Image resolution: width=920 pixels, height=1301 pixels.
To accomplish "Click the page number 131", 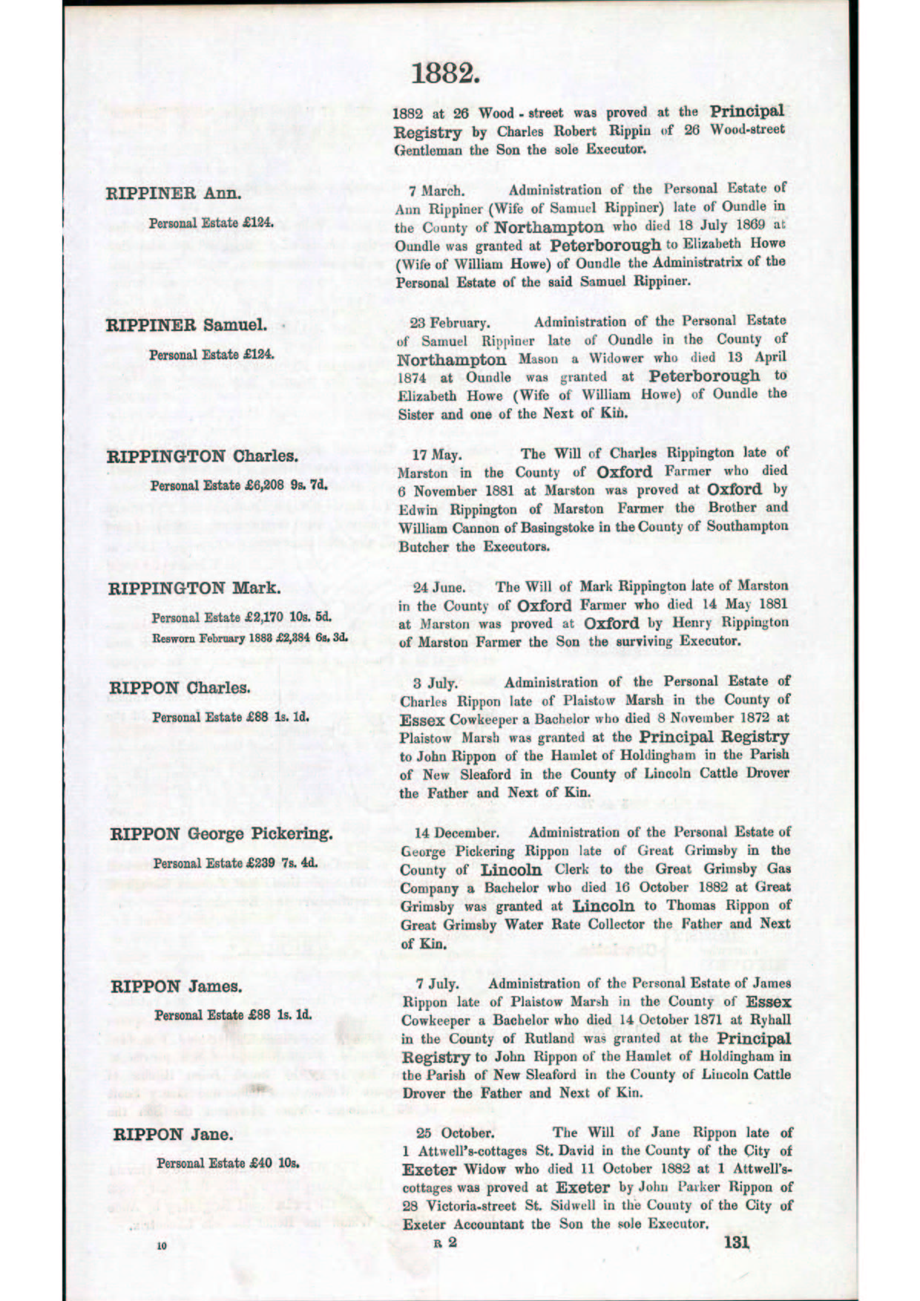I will [736, 1242].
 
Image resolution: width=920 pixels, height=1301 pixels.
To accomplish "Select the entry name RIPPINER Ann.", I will [174, 194].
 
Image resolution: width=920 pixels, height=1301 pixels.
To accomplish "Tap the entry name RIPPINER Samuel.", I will [186, 325].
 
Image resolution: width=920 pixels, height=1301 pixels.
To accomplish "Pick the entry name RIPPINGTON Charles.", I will [203, 456].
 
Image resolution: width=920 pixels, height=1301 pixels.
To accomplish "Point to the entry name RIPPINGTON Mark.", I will [194, 589].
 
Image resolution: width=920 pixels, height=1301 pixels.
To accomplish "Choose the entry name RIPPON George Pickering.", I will [221, 833].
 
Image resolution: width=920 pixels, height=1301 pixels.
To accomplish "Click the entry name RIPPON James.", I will [177, 986].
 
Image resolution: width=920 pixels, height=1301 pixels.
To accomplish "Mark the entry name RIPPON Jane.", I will [173, 1134].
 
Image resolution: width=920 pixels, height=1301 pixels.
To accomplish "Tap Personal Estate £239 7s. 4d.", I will [235, 863].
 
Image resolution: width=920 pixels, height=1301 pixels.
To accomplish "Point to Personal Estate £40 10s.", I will [228, 1163].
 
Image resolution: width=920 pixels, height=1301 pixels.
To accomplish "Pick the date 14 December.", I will [456, 833].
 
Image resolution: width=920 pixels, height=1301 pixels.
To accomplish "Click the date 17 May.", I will [437, 453].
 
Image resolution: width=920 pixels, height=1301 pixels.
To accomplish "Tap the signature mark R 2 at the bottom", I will [445, 1242].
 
